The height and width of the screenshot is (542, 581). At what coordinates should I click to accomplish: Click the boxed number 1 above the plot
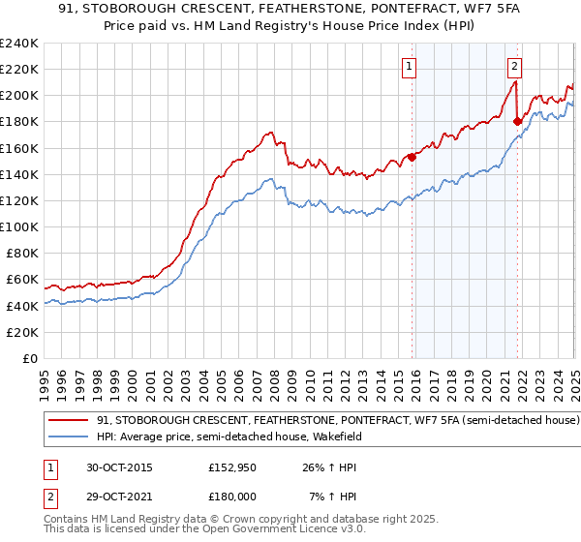coord(410,67)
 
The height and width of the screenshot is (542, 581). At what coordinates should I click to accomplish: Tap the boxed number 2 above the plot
coord(514,67)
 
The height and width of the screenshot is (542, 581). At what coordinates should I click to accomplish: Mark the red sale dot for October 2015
coord(413,157)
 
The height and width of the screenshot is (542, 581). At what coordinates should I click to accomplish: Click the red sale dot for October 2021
coord(517,121)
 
